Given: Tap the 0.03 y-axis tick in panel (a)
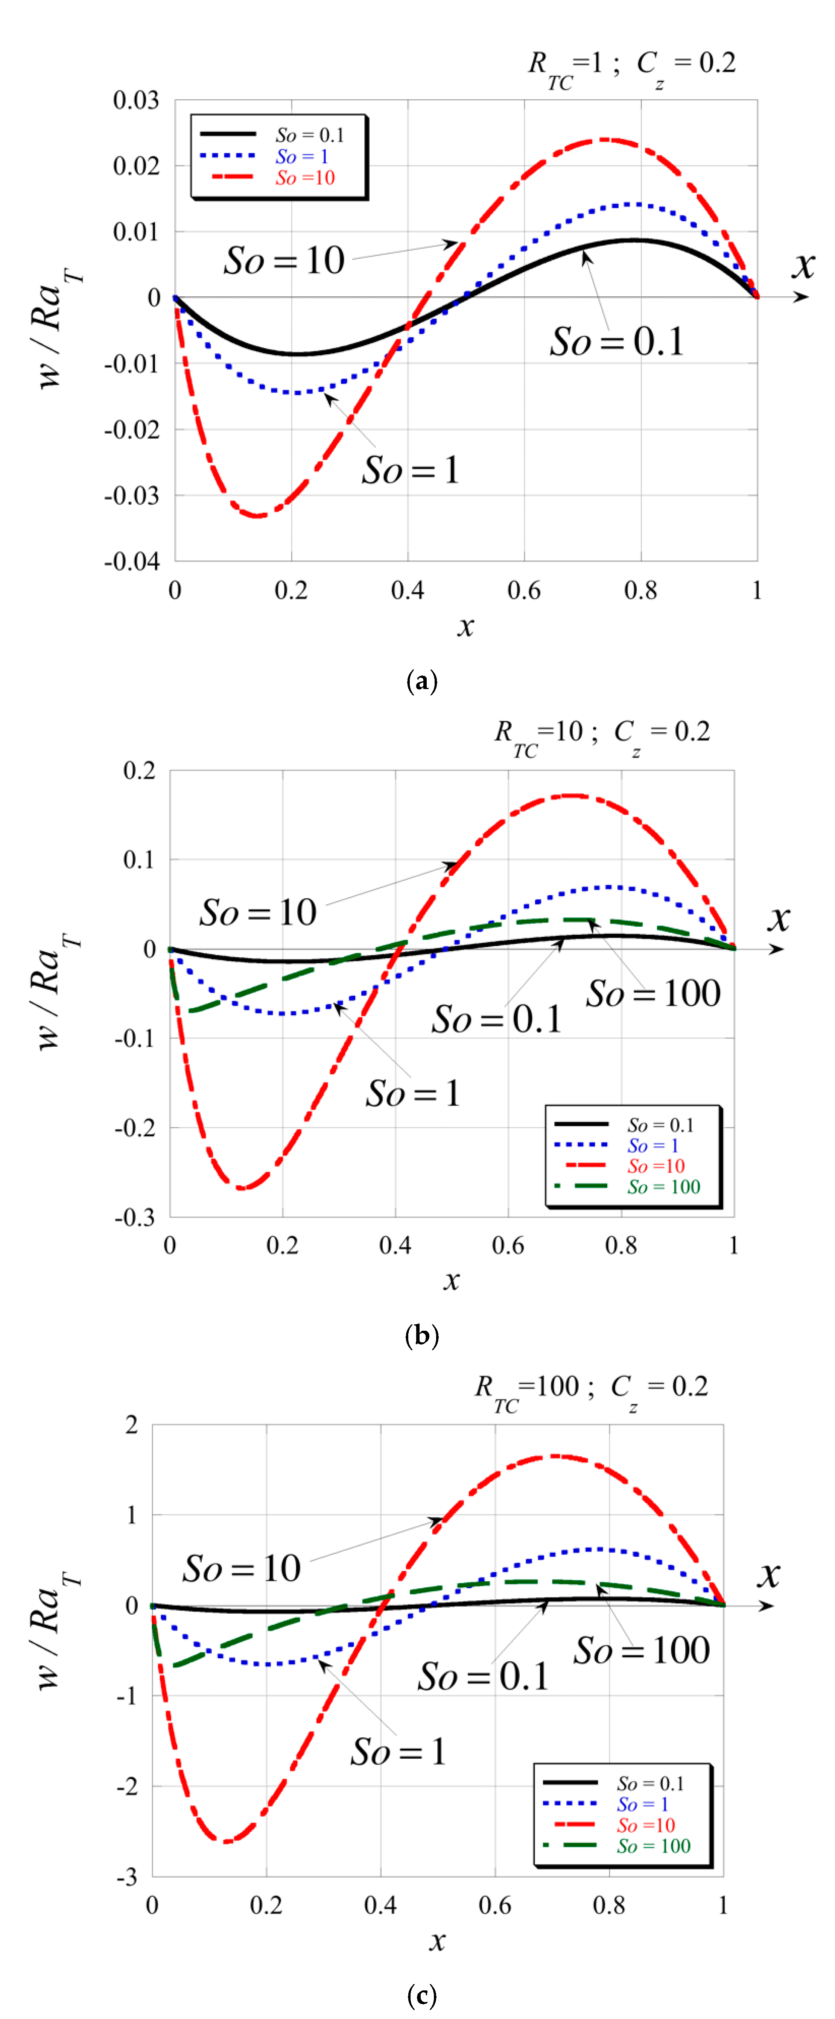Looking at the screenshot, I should (x=135, y=100).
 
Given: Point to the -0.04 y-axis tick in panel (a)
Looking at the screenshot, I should (x=132, y=561).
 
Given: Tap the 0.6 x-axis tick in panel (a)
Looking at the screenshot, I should (x=524, y=590).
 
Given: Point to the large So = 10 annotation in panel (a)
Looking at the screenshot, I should (x=284, y=260).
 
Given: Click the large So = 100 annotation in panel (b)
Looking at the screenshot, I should (x=653, y=993).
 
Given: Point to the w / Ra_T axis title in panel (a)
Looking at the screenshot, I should (x=56, y=329).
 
